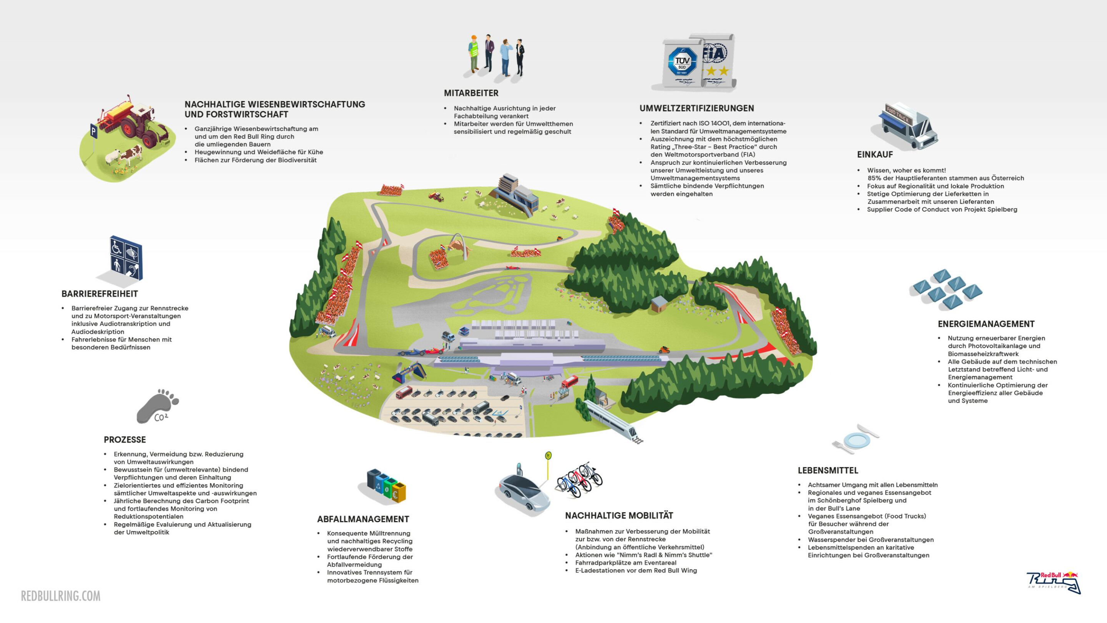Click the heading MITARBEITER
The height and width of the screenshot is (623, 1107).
(471, 93)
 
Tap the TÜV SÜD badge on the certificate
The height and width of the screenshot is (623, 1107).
(681, 62)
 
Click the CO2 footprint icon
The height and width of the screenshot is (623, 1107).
(157, 406)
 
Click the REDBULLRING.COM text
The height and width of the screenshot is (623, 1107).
(61, 596)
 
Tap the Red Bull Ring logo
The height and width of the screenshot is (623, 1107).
(1053, 583)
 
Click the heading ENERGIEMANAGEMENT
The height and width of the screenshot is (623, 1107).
(986, 324)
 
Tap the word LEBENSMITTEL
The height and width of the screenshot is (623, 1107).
(828, 471)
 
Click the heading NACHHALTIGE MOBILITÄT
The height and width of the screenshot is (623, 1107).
(619, 515)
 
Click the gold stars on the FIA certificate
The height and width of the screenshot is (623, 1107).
(718, 70)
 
